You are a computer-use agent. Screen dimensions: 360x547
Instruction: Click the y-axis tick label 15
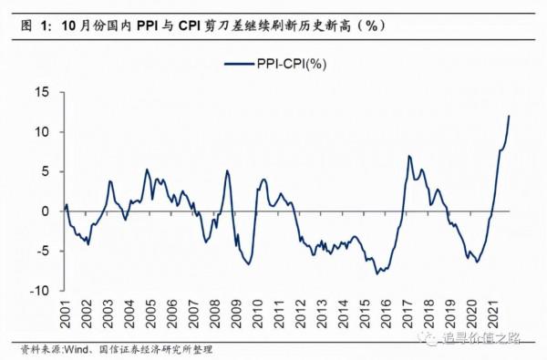(41, 92)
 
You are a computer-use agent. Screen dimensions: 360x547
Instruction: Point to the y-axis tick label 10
(41, 132)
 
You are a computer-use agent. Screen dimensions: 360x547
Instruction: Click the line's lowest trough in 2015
(377, 273)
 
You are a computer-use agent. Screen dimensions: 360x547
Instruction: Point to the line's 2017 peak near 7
(409, 156)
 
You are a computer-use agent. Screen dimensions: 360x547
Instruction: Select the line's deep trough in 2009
(248, 264)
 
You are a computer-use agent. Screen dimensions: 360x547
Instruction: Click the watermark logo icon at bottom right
(427, 338)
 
